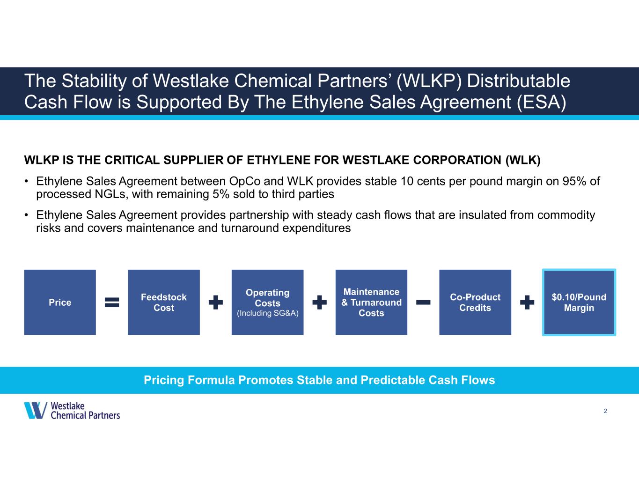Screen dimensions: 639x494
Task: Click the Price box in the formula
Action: point(60,302)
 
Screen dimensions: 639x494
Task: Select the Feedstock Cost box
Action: point(164,302)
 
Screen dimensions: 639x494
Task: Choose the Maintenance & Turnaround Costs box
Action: point(371,302)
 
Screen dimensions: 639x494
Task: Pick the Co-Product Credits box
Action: point(475,302)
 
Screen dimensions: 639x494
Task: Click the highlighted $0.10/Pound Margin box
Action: point(579,302)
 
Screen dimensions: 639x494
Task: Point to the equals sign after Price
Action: point(112,302)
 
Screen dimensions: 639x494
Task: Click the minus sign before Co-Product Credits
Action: point(423,302)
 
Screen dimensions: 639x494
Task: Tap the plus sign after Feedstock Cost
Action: point(216,302)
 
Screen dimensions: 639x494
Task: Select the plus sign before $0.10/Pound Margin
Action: point(527,302)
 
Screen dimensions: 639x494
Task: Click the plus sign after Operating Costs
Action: point(319,302)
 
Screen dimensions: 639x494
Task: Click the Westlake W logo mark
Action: point(36,410)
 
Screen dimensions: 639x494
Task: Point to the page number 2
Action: point(605,411)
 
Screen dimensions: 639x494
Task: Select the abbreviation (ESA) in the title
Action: point(541,103)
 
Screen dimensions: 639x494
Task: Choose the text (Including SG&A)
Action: point(267,313)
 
